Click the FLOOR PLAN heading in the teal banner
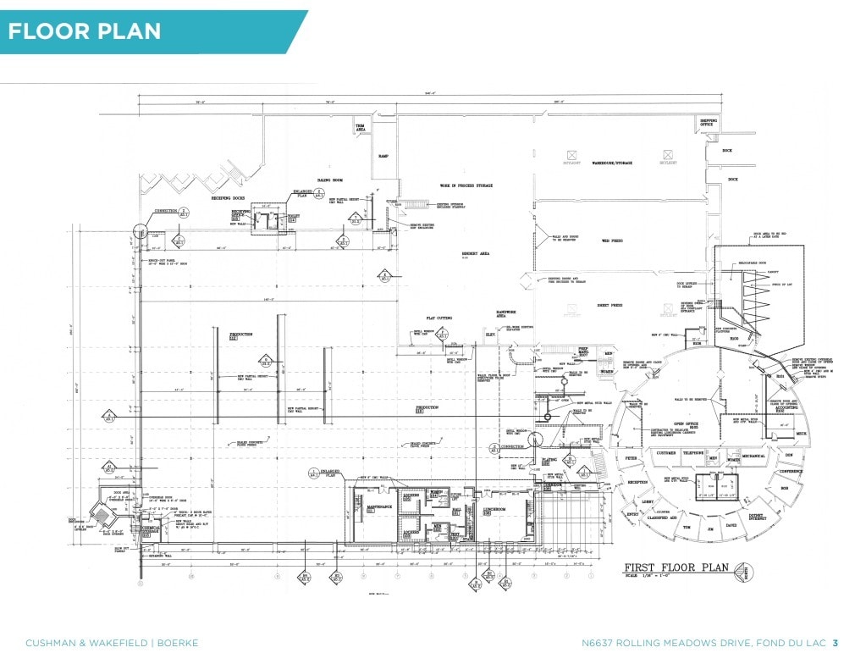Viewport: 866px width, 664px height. tap(85, 31)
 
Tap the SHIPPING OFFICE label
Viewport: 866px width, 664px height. tap(708, 123)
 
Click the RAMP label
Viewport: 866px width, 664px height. tap(382, 156)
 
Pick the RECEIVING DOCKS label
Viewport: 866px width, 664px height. tap(229, 198)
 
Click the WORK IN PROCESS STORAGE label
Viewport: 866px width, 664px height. tap(466, 185)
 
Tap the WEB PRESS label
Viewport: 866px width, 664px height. tap(612, 241)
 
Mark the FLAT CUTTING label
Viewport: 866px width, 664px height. tap(439, 318)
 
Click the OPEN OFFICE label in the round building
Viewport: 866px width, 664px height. tap(685, 424)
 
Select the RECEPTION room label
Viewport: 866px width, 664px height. tap(637, 482)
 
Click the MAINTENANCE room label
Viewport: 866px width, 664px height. tap(378, 506)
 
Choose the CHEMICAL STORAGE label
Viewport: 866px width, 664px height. tap(150, 529)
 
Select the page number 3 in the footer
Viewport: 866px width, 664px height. tap(836, 643)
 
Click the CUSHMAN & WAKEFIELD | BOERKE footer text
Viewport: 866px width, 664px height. tap(112, 643)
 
